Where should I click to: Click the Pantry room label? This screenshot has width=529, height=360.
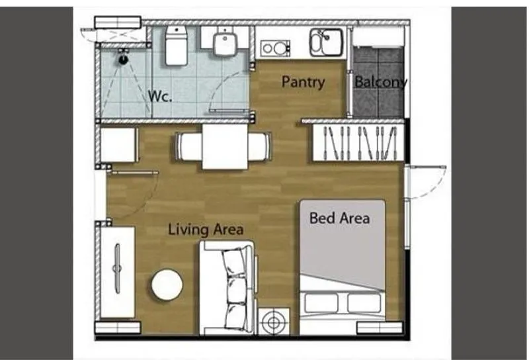[x=303, y=82]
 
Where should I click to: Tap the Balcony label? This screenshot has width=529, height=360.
[x=381, y=82]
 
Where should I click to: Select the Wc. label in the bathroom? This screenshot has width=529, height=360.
[x=160, y=96]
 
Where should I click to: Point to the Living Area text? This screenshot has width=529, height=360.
[x=206, y=230]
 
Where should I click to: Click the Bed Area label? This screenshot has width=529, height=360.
[x=339, y=218]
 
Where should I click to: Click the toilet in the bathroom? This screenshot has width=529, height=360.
[x=176, y=46]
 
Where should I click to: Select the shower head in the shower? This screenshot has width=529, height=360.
[x=124, y=57]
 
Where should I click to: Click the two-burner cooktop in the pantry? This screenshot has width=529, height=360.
[x=275, y=48]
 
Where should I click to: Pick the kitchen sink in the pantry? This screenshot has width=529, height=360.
[x=327, y=42]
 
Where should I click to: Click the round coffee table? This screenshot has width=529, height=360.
[x=167, y=285]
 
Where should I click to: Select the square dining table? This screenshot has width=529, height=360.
[x=225, y=146]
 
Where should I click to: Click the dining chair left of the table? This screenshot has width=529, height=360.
[x=189, y=146]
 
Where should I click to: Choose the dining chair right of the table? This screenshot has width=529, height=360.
[x=260, y=146]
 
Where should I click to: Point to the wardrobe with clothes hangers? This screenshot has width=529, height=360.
[x=358, y=143]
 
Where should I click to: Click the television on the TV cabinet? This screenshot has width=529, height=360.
[x=118, y=269]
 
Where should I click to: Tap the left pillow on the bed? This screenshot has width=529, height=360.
[x=321, y=303]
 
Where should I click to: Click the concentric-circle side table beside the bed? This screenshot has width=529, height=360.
[x=274, y=322]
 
